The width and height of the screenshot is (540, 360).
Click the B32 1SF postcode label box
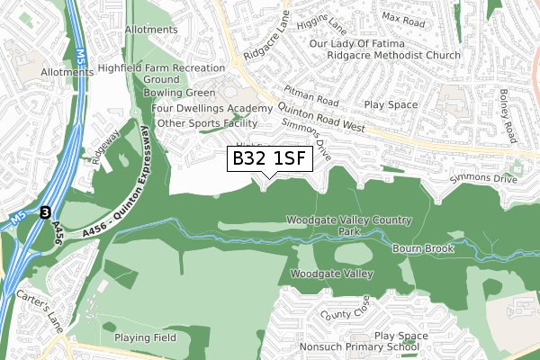[x=269, y=159]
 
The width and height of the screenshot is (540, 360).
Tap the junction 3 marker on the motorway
[x=45, y=212]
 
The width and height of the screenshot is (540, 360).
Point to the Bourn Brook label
[x=423, y=247]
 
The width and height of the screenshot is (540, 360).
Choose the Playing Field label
[x=144, y=337]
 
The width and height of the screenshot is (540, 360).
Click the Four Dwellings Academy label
[x=211, y=108]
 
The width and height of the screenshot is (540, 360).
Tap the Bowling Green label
[x=178, y=93]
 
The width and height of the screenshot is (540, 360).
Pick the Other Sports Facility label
[x=208, y=123]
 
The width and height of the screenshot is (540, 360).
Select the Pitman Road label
[x=310, y=93]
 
